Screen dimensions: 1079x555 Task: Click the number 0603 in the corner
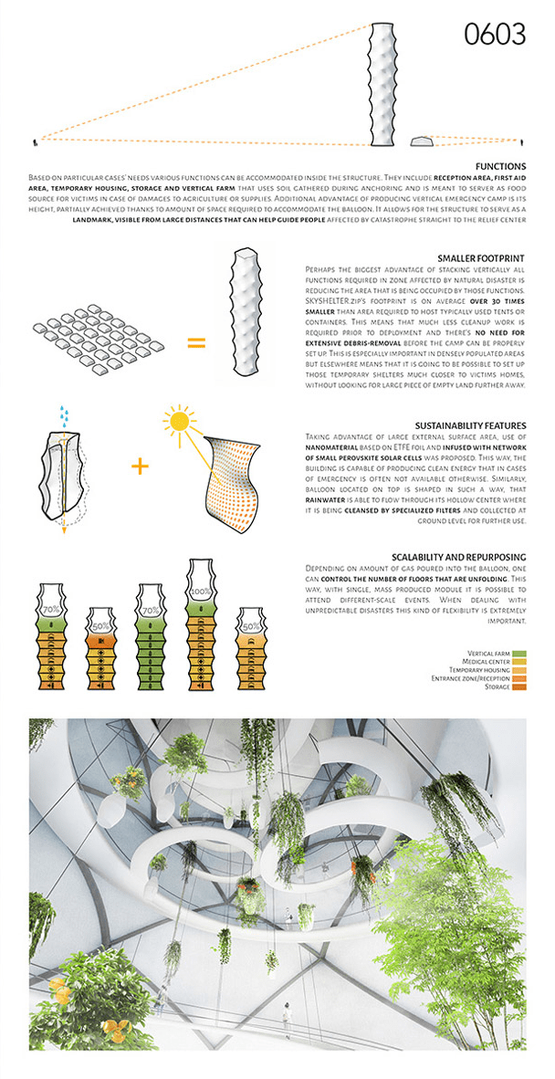pyautogui.click(x=495, y=35)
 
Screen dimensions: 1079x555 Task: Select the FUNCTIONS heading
pyautogui.click(x=499, y=166)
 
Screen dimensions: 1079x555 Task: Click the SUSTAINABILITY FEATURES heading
pyautogui.click(x=470, y=426)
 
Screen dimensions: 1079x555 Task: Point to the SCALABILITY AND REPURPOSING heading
pyautogui.click(x=458, y=556)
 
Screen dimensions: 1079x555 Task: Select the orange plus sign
pyautogui.click(x=140, y=466)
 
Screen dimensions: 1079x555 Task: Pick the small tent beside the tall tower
pyautogui.click(x=422, y=141)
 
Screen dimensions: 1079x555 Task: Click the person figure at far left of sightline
pyautogui.click(x=36, y=141)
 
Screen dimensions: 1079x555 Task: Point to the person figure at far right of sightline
pyautogui.click(x=522, y=141)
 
